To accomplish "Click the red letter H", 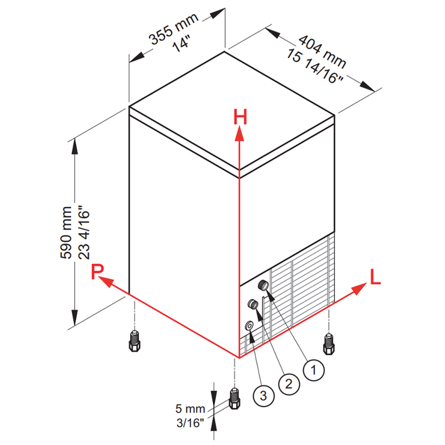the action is [240, 117].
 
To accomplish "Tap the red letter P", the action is [97, 271].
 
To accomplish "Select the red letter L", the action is [375, 276].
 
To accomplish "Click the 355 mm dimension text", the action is [174, 29].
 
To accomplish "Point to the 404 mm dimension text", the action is [323, 52].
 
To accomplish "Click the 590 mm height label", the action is [66, 233].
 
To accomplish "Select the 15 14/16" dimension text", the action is [315, 67].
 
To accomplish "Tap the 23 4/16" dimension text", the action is [84, 232].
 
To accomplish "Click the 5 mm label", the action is [190, 409].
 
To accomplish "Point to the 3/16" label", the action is [190, 423].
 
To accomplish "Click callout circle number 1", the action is [314, 370].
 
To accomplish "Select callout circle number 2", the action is [289, 384].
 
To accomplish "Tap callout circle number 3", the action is [263, 395].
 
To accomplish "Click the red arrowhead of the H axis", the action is [240, 133].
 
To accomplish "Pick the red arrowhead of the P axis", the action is [106, 281].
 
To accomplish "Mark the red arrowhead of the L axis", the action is [359, 289].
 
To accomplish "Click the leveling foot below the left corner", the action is [135, 341].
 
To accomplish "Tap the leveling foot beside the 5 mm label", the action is [234, 398].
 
